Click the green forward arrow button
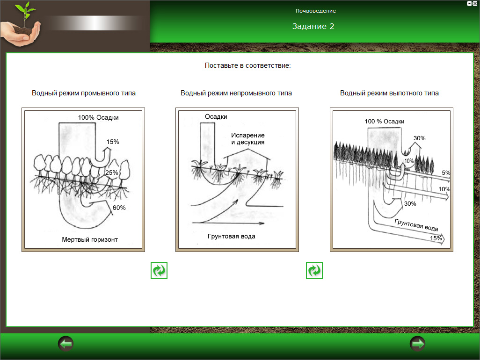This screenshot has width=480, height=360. tap(417, 344)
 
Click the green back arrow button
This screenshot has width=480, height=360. tap(66, 344)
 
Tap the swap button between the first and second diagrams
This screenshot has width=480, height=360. tap(159, 270)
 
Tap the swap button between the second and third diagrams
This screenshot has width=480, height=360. tap(314, 270)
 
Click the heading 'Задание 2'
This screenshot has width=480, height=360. tap(313, 26)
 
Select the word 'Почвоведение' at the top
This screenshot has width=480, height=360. tap(316, 11)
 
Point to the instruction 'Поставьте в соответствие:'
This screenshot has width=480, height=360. tap(247, 65)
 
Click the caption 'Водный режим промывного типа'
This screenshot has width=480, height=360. tap(84, 93)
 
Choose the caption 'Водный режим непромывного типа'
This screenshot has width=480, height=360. tap(236, 93)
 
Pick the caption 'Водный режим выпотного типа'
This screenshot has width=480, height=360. tap(389, 93)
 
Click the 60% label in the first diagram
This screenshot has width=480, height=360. tap(119, 208)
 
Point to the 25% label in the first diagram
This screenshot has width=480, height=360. tap(111, 173)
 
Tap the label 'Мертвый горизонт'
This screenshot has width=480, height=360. tap(90, 239)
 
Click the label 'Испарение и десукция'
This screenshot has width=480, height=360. tap(247, 138)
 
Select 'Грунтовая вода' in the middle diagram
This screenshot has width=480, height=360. tap(232, 236)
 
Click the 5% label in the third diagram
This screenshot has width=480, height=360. tap(446, 173)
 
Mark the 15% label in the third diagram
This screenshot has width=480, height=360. tap(436, 238)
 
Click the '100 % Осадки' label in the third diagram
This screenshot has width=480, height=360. tap(385, 122)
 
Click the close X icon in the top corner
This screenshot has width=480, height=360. tap(475, 3)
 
